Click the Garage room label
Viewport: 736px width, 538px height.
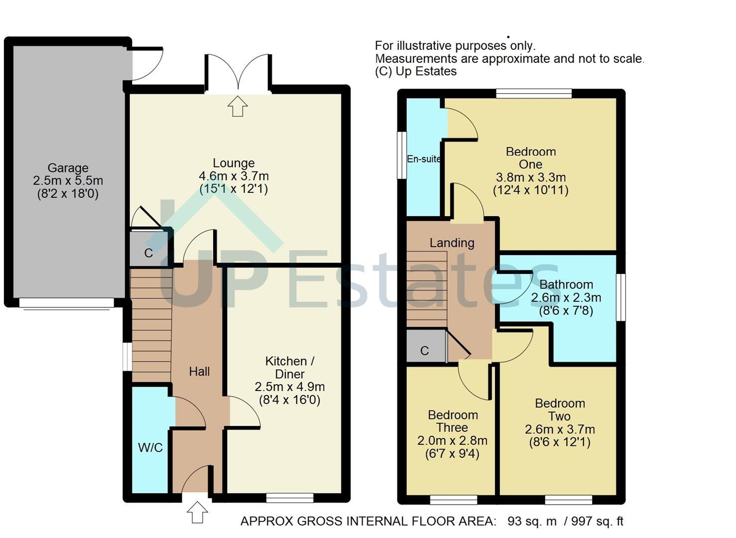[x=68, y=168]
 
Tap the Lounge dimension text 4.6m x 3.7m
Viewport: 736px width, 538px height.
[x=234, y=176]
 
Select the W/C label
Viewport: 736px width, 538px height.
[x=150, y=447]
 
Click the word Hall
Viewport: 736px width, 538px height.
[x=200, y=372]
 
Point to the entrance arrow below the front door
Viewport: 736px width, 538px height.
[x=197, y=512]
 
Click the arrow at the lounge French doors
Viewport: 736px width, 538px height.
[x=238, y=106]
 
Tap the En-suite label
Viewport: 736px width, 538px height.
[x=424, y=159]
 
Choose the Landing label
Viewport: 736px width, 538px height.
[x=452, y=243]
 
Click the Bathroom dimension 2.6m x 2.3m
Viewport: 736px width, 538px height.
[x=566, y=298]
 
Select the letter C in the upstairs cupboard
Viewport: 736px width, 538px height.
[x=424, y=351]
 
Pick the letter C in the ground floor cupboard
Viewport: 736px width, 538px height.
[x=148, y=253]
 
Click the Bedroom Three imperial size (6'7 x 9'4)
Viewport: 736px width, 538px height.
[x=453, y=453]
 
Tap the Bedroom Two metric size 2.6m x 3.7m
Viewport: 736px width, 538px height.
[x=560, y=429]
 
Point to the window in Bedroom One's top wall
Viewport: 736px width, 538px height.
[x=534, y=93]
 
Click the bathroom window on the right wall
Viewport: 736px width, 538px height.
[x=620, y=297]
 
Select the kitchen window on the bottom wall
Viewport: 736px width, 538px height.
[x=290, y=498]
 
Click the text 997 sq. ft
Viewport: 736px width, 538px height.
[x=598, y=521]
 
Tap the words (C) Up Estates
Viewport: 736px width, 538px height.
[x=416, y=71]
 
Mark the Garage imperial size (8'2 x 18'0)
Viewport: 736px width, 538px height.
[x=68, y=194]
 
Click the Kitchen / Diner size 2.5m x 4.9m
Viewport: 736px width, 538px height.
[x=290, y=387]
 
